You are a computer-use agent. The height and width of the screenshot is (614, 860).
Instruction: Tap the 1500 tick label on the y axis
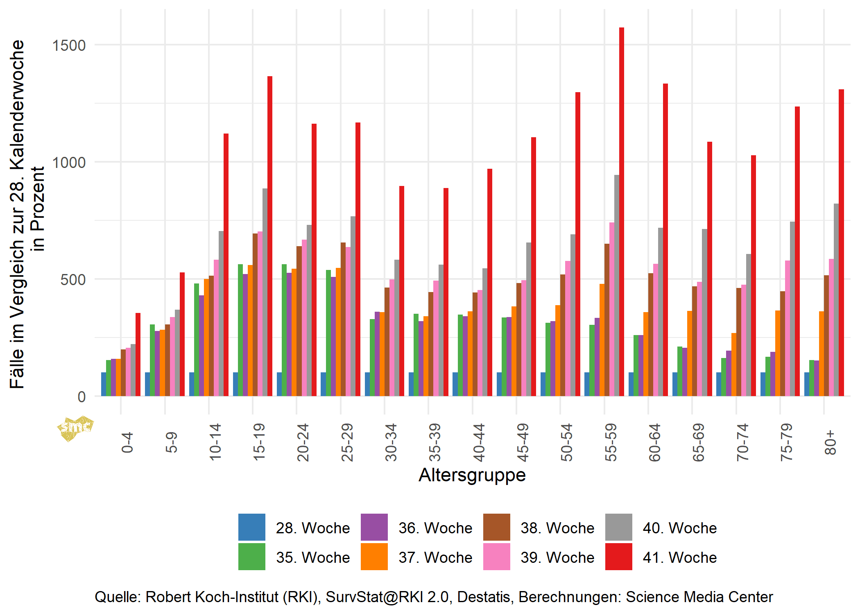coord(69,45)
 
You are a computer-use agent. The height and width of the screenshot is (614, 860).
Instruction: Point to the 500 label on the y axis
coord(73,280)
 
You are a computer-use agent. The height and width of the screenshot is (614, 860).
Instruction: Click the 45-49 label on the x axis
coord(523,442)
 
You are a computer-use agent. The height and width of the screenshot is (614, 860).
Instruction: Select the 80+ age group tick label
coord(830,442)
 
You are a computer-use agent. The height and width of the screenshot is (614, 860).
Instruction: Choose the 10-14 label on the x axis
coord(215,442)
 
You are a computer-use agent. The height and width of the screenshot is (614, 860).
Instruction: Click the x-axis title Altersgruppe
coord(472,475)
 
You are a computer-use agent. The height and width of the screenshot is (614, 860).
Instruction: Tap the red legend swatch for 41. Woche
coord(618,557)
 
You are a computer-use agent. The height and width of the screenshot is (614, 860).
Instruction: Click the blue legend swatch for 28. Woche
coord(251,527)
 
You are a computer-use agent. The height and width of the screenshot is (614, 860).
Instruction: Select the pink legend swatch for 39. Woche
coord(496,557)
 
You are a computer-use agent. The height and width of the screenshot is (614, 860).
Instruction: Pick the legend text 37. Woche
coord(435,557)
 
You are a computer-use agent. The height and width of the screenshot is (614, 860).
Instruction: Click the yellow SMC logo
coord(75,428)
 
